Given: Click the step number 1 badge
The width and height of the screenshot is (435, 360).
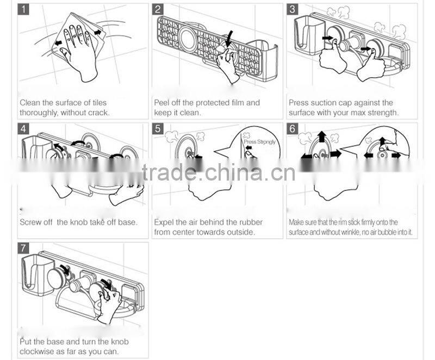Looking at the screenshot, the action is point(23,9).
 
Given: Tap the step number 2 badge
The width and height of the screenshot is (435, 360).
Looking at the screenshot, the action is point(158,9).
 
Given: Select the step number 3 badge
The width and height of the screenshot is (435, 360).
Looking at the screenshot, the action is point(293,9).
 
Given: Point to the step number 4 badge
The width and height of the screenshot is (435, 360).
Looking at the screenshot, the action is point(23,129).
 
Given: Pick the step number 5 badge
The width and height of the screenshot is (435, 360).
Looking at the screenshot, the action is point(158,129).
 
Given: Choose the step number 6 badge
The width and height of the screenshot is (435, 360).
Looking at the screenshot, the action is point(293,129).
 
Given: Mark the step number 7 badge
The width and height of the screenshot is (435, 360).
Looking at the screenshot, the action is point(23,248).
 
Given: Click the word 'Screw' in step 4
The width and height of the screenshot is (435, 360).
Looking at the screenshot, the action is point(29,222).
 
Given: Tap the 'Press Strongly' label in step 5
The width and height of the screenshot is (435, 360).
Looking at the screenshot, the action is point(260,142).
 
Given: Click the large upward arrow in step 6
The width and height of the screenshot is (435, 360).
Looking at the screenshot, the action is point(322,136).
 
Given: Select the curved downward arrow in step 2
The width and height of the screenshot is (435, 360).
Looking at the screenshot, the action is point(229,39).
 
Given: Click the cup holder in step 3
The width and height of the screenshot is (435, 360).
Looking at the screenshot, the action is point(309,35).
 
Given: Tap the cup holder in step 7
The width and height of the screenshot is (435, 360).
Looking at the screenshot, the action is point(36,275).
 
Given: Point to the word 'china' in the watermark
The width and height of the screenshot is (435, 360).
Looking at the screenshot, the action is point(233,172).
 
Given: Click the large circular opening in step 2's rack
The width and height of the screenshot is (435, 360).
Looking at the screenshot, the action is point(189,37).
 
